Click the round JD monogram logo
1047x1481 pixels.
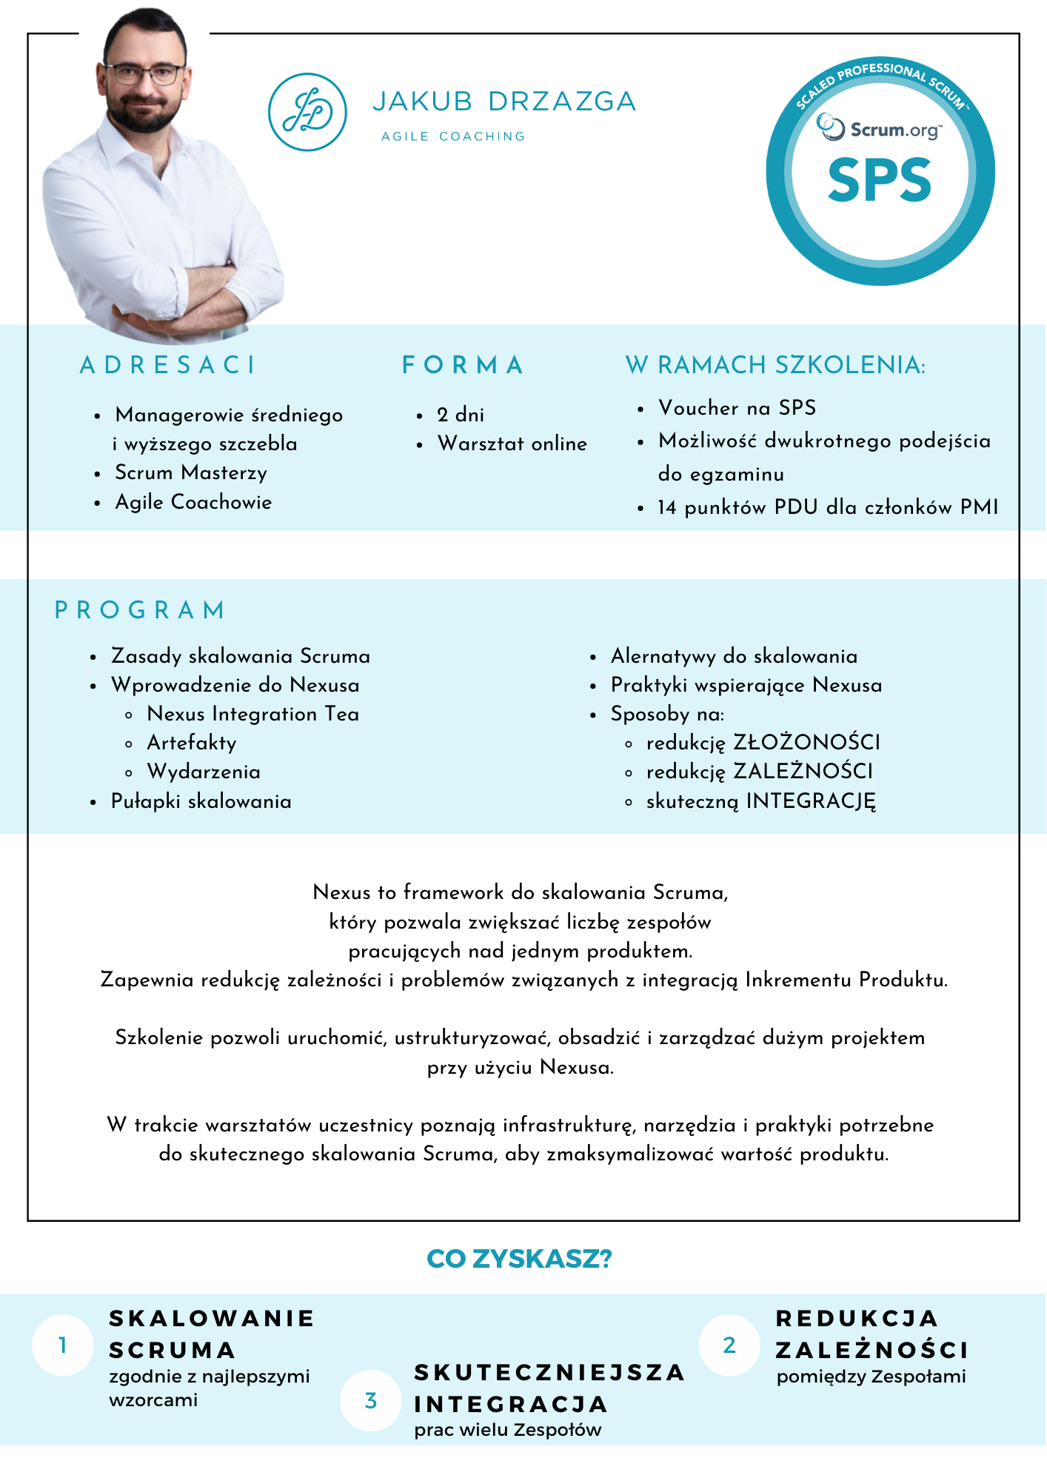[x=307, y=112]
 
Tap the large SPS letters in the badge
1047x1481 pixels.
[x=880, y=180]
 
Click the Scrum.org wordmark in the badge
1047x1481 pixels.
[x=895, y=130]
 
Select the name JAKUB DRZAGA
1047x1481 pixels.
[x=504, y=101]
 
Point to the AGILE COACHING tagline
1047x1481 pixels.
[x=453, y=136]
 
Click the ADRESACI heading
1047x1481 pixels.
[x=168, y=365]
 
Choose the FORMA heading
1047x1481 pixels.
[x=463, y=365]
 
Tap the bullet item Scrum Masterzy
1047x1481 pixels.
[x=191, y=472]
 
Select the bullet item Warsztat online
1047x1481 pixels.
[x=512, y=444]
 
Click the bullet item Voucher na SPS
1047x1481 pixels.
[x=737, y=408]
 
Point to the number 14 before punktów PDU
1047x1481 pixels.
[x=666, y=508]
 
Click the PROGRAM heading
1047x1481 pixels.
[x=140, y=610]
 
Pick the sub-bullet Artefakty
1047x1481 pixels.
[x=192, y=743]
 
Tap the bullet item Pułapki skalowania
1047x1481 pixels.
[x=201, y=801]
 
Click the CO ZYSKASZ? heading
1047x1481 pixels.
[x=520, y=1259]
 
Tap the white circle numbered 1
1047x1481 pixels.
[x=63, y=1345]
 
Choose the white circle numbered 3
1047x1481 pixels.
[x=371, y=1400]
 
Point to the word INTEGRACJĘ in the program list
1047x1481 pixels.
[x=811, y=800]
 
